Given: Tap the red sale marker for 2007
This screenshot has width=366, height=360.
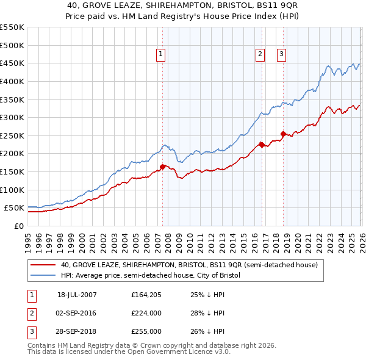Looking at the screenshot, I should pyautogui.click(x=163, y=167).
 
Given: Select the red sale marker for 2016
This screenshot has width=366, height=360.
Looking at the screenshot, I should pyautogui.click(x=261, y=145).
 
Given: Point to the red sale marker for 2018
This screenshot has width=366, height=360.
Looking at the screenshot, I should pyautogui.click(x=283, y=134).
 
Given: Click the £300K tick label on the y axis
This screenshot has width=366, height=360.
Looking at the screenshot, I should pyautogui.click(x=12, y=117).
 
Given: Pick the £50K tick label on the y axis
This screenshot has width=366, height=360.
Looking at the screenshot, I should pyautogui.click(x=15, y=208).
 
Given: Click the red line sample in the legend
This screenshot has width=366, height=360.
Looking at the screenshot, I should pyautogui.click(x=43, y=265).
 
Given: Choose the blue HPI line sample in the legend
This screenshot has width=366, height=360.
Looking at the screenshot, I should pyautogui.click(x=43, y=276).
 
